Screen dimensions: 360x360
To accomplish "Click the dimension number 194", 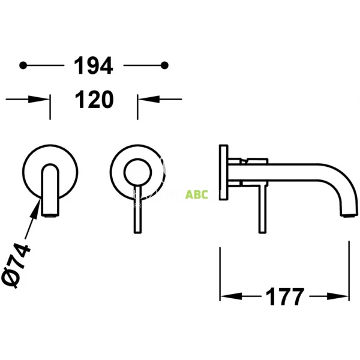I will pos(93,65).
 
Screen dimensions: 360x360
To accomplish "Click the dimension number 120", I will pos(93,100).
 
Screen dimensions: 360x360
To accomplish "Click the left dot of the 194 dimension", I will pos(23,65).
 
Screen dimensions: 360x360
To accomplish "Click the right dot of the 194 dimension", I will pos(166,65).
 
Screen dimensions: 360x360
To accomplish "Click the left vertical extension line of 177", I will pos(221,270).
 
